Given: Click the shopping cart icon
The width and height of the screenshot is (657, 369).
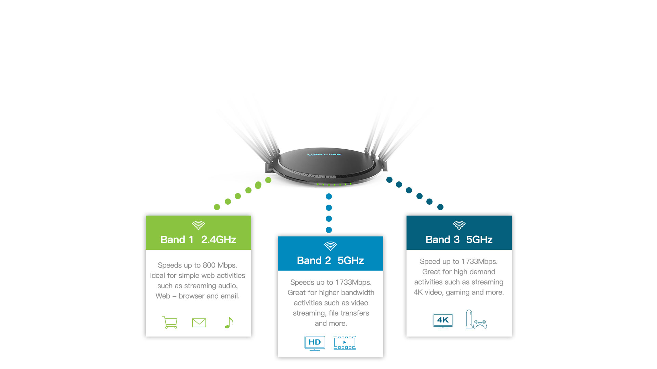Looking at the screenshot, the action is click(x=170, y=323).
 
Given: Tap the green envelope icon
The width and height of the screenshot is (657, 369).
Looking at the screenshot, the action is click(x=199, y=323).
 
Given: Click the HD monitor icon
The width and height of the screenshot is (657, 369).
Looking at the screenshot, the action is click(x=315, y=343).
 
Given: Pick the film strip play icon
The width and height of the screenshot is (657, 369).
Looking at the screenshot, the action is click(x=345, y=343).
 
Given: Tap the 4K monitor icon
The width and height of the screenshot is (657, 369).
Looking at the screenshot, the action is click(x=443, y=321).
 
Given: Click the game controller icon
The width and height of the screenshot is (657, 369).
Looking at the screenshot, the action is click(x=480, y=324).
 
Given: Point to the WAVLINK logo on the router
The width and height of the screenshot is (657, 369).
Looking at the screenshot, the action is click(x=324, y=154).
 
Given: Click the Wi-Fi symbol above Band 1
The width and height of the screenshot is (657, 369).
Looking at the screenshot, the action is click(x=198, y=225).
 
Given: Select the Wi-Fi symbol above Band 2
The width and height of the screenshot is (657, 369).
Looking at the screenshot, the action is click(x=331, y=246).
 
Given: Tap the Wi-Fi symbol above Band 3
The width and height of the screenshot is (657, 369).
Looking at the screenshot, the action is click(x=459, y=225).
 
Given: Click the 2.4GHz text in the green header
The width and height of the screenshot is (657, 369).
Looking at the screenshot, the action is click(x=219, y=240).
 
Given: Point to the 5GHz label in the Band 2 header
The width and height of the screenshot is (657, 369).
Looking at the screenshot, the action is click(x=351, y=260).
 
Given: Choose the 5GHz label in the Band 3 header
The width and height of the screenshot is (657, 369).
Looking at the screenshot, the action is click(x=479, y=240).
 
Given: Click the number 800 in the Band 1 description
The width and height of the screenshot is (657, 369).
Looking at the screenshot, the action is click(x=209, y=265).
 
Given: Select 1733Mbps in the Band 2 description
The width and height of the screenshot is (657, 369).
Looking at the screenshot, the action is click(x=353, y=282).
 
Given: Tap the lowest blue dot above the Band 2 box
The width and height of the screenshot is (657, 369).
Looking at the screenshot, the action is click(x=329, y=230).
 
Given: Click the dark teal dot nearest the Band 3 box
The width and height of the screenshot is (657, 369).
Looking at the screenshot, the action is click(x=440, y=207).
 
